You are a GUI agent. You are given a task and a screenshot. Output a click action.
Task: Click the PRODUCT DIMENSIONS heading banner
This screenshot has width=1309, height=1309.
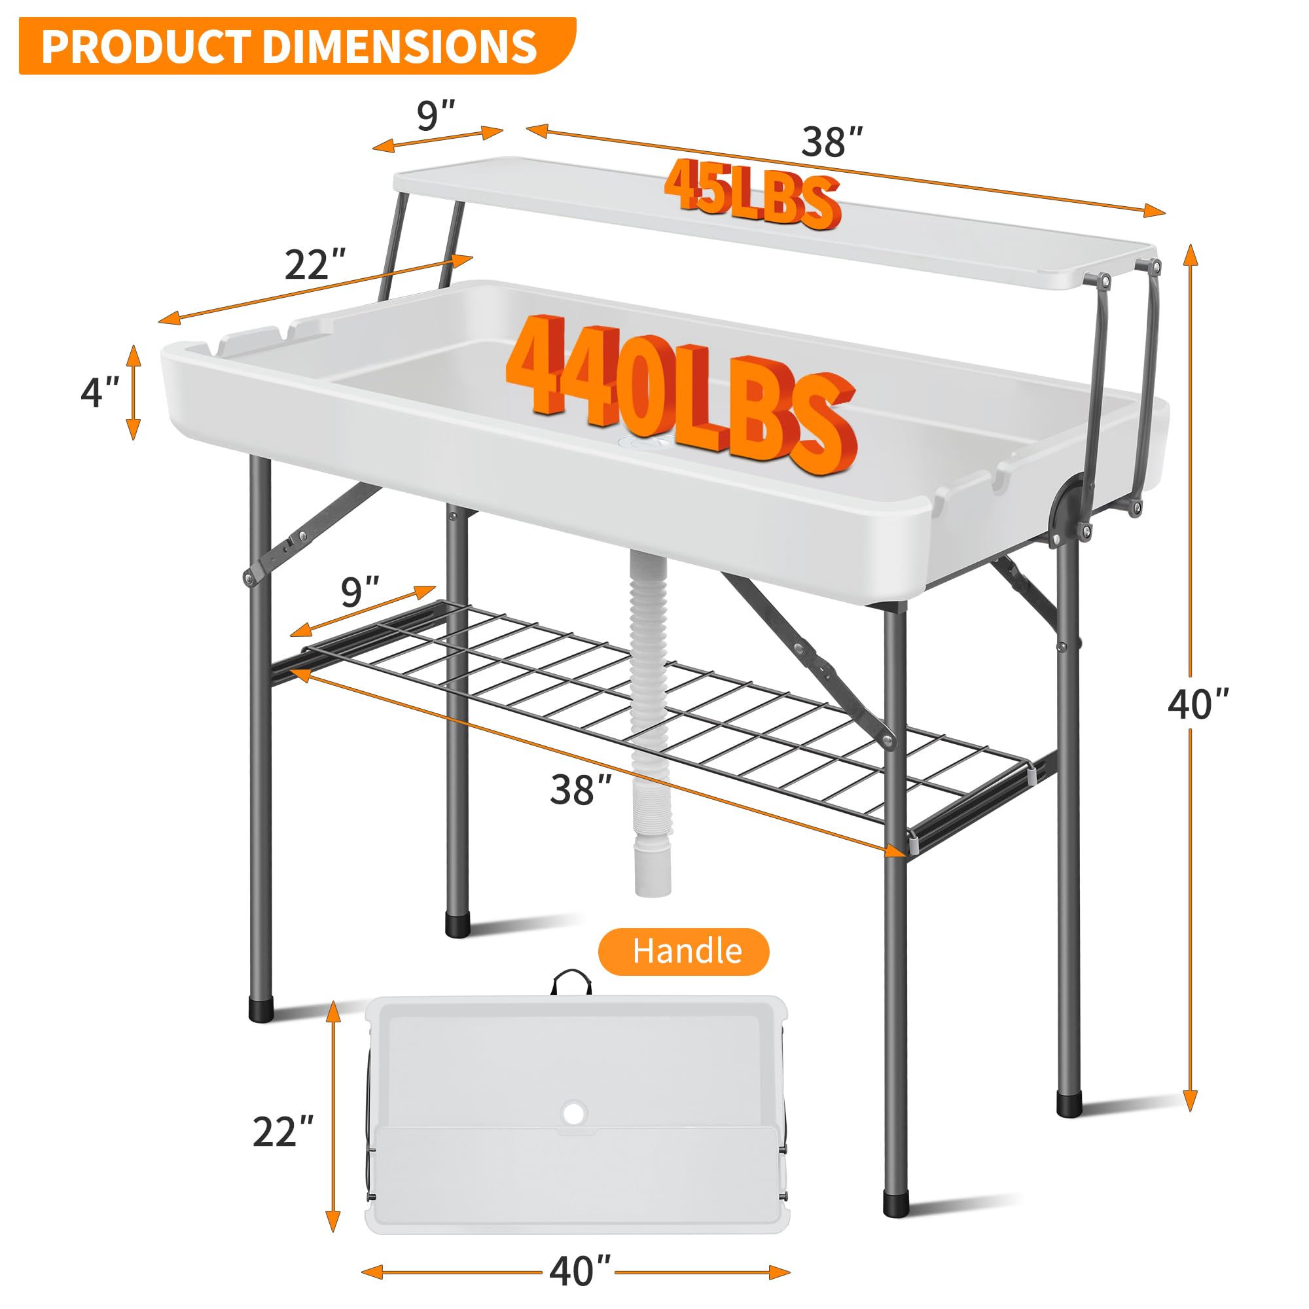click(291, 46)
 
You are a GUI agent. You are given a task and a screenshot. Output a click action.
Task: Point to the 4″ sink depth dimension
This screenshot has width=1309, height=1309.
click(100, 392)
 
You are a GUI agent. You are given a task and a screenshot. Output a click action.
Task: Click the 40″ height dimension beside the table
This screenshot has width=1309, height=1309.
click(1198, 704)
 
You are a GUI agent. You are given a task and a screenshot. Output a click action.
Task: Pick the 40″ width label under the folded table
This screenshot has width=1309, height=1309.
click(580, 1271)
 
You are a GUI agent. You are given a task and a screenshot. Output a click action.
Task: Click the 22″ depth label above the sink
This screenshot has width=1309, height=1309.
click(314, 264)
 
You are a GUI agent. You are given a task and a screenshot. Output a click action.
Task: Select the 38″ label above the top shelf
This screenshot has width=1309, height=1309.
click(832, 142)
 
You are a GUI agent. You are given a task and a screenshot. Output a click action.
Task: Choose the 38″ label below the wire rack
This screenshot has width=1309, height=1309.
click(581, 790)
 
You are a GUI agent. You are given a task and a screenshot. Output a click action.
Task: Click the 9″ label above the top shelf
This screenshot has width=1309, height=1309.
click(436, 115)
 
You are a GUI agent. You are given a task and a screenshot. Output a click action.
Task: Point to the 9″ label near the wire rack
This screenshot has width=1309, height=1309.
click(360, 592)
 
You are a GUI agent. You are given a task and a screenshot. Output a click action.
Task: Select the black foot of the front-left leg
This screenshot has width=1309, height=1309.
click(261, 1009)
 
